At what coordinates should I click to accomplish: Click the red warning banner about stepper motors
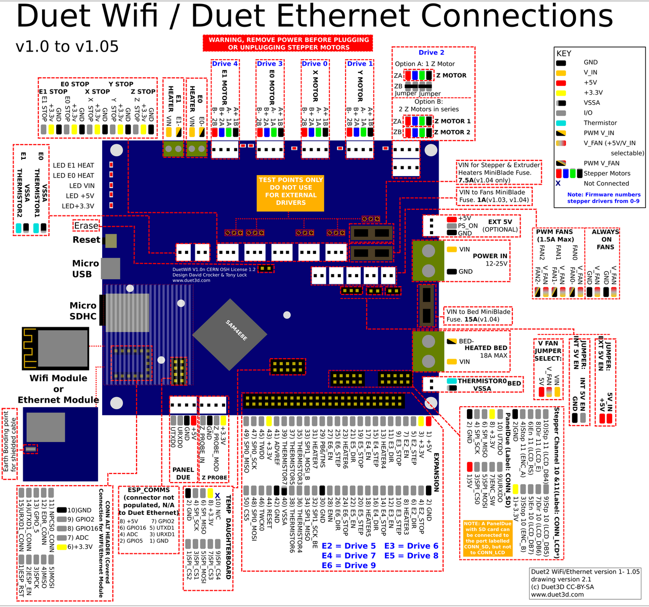288,43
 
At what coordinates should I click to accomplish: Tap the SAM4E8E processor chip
230,332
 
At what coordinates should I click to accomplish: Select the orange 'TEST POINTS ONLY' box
290,191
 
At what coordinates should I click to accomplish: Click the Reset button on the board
110,241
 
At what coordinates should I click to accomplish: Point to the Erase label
86,226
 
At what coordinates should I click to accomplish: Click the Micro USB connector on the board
110,268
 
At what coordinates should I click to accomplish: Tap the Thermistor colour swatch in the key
561,123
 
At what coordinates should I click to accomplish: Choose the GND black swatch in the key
561,62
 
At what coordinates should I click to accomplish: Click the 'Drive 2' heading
431,53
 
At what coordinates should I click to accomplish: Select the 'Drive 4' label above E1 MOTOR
225,64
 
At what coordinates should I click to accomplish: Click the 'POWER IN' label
490,256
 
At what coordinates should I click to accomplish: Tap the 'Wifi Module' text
58,378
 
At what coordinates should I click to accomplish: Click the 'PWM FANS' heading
555,232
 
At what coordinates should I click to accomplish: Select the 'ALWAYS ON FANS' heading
605,239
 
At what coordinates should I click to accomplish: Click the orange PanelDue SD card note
487,538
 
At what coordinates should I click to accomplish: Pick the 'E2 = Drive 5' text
349,546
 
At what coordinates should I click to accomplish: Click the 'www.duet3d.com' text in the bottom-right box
557,594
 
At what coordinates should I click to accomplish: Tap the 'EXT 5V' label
500,222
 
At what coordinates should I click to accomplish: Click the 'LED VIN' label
82,186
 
